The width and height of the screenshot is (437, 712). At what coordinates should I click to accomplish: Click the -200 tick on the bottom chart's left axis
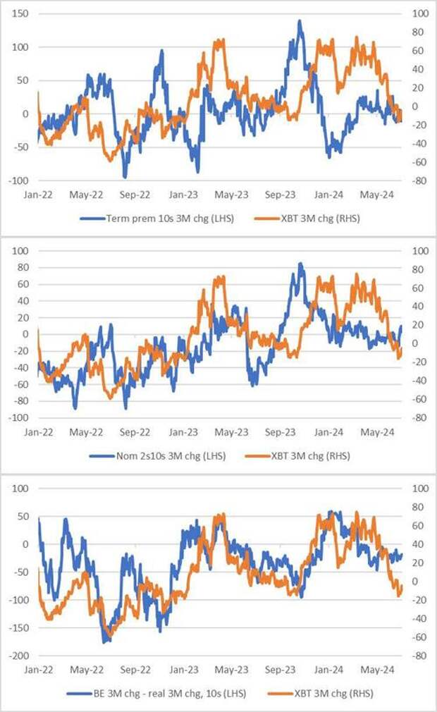point(18,656)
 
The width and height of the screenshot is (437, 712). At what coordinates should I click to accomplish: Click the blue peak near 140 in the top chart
point(300,21)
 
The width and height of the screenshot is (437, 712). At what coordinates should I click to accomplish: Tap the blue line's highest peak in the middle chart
point(300,264)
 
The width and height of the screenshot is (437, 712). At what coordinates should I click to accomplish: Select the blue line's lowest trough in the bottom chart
point(106,642)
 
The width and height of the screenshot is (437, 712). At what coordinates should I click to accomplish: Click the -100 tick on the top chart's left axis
point(18,180)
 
